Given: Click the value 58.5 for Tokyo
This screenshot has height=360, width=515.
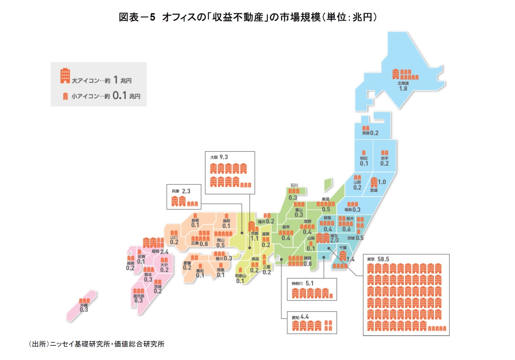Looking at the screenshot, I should pyautogui.click(x=383, y=259).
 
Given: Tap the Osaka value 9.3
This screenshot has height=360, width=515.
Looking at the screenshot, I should pyautogui.click(x=224, y=157).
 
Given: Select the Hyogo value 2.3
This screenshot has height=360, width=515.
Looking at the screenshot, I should pyautogui.click(x=186, y=191).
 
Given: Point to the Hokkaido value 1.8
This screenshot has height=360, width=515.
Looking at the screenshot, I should pyautogui.click(x=403, y=89).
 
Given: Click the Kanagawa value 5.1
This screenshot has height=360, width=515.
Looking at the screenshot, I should pyautogui.click(x=309, y=283).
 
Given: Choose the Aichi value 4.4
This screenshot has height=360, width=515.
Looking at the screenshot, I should pyautogui.click(x=304, y=317).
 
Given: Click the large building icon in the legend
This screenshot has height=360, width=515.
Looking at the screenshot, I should pyautogui.click(x=65, y=76).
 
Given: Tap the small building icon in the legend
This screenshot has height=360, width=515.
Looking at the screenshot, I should pyautogui.click(x=65, y=96).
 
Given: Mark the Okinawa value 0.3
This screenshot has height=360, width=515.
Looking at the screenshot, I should pyautogui.click(x=84, y=310).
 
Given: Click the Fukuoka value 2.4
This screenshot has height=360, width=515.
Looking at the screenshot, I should pyautogui.click(x=164, y=252).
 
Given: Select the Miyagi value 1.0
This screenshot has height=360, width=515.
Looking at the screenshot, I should pyautogui.click(x=382, y=182).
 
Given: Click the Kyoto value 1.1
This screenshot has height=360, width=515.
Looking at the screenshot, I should pyautogui.click(x=254, y=239).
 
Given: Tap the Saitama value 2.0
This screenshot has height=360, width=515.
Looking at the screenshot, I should pyautogui.click(x=334, y=240).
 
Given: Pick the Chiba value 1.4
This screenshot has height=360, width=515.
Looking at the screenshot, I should pyautogui.click(x=350, y=259).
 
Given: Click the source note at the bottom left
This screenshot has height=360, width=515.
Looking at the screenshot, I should pyautogui.click(x=96, y=344).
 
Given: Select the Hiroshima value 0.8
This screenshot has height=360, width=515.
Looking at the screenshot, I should pyautogui.click(x=204, y=244).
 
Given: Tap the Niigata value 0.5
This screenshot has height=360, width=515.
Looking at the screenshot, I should pyautogui.click(x=326, y=209).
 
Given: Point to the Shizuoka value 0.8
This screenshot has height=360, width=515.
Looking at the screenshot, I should pyautogui.click(x=307, y=264).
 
